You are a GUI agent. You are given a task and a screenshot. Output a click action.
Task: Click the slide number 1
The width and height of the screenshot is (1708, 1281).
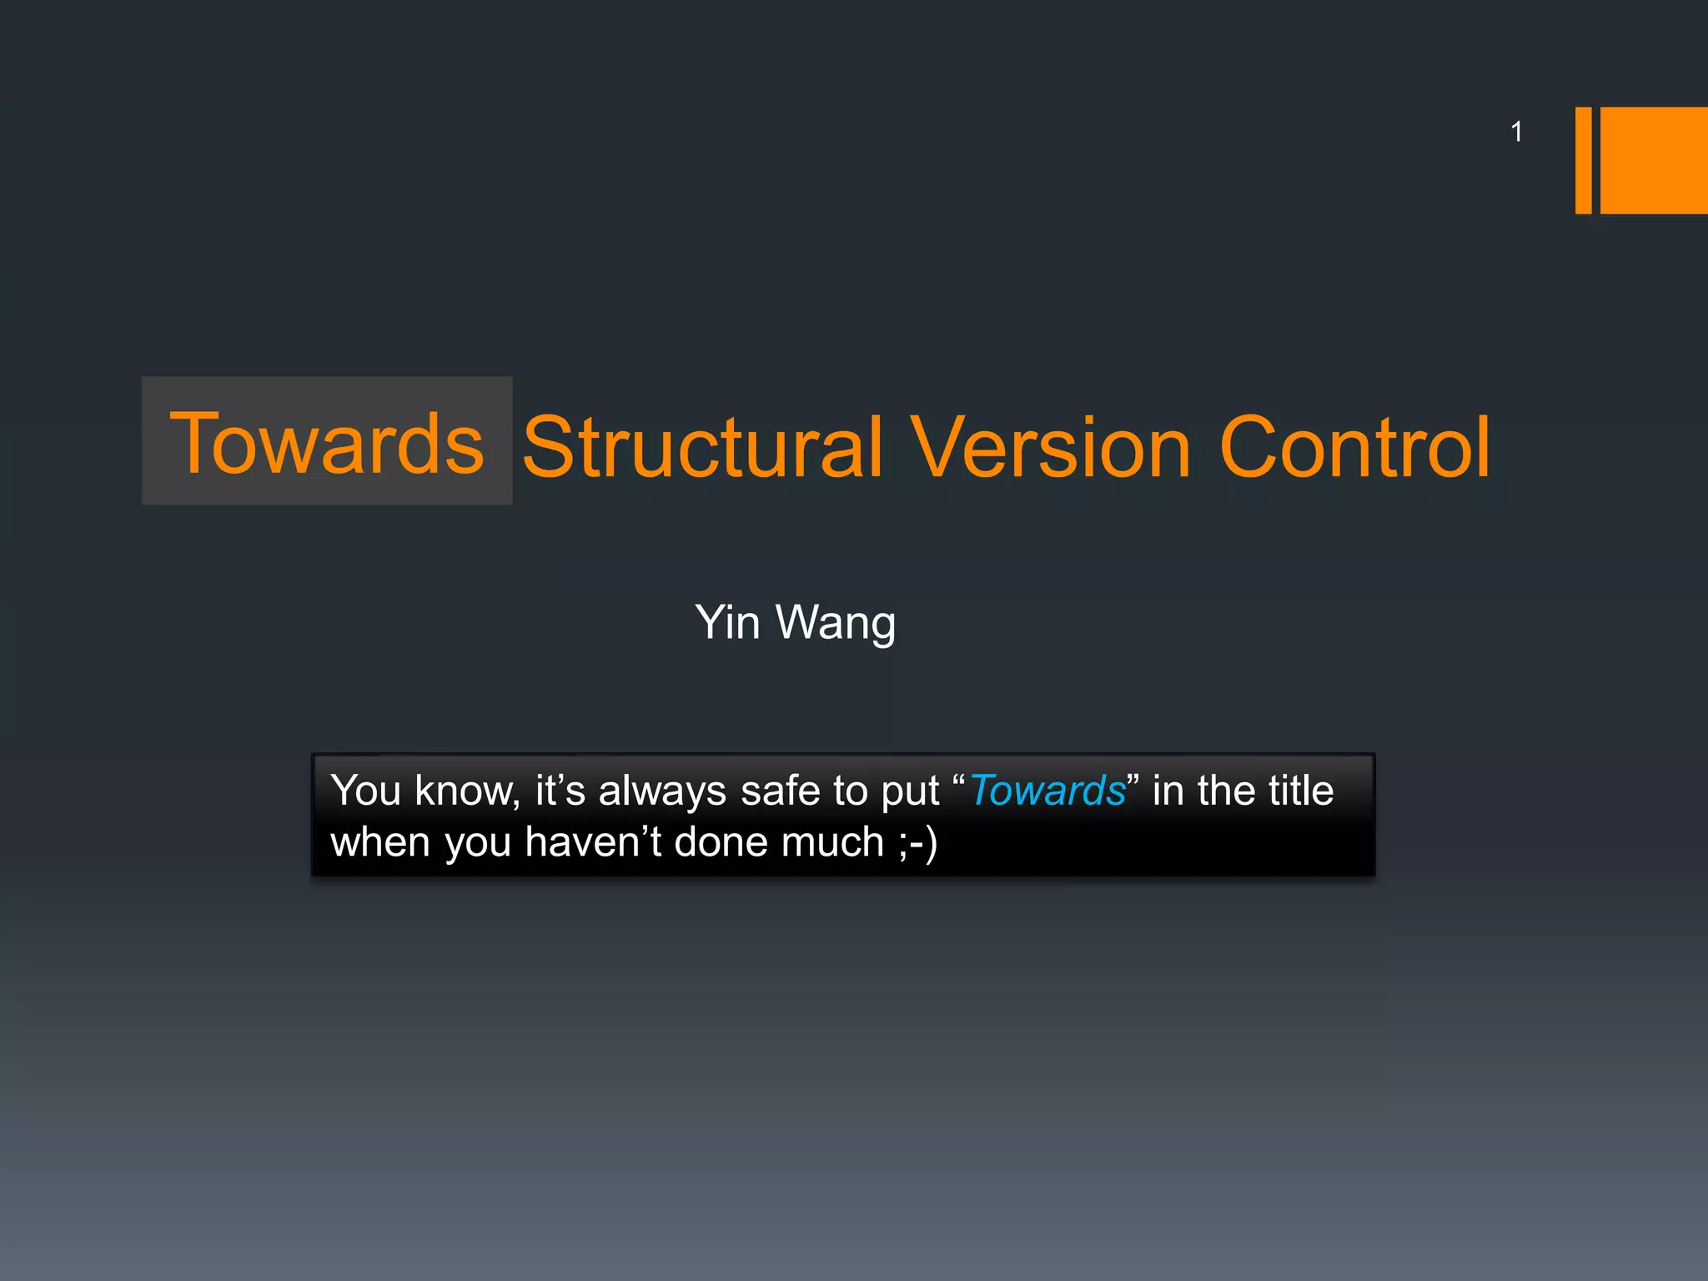pyautogui.click(x=1516, y=132)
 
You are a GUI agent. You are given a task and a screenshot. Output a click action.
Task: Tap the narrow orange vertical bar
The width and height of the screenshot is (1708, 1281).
pyautogui.click(x=1583, y=160)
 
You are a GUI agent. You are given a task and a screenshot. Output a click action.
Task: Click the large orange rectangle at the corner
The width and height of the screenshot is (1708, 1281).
pyautogui.click(x=1654, y=160)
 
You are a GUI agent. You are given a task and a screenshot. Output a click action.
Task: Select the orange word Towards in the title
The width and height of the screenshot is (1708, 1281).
pyautogui.click(x=327, y=444)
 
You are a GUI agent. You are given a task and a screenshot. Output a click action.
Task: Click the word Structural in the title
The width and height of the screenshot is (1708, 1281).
pyautogui.click(x=702, y=448)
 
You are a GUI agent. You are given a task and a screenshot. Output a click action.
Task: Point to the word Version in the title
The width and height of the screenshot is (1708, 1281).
pyautogui.click(x=1050, y=448)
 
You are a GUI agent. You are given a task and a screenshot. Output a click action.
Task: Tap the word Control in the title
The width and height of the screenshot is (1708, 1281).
pyautogui.click(x=1354, y=448)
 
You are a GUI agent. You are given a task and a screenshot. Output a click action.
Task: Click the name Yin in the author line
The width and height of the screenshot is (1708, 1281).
pyautogui.click(x=727, y=622)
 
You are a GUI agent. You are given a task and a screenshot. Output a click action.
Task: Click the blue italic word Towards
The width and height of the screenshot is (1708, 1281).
pyautogui.click(x=1047, y=791)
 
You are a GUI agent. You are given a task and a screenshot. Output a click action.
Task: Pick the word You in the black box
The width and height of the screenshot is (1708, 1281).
pyautogui.click(x=365, y=791)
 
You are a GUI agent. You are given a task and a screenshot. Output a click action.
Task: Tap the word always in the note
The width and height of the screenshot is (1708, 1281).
pyautogui.click(x=662, y=791)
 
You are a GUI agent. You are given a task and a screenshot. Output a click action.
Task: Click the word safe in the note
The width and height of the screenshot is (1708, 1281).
pyautogui.click(x=780, y=791)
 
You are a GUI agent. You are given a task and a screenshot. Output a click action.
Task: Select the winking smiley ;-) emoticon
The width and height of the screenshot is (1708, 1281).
pyautogui.click(x=918, y=842)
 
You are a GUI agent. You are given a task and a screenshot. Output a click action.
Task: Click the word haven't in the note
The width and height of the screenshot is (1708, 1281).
pyautogui.click(x=593, y=842)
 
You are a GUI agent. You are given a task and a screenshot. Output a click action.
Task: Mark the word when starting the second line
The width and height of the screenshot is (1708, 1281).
pyautogui.click(x=380, y=842)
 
